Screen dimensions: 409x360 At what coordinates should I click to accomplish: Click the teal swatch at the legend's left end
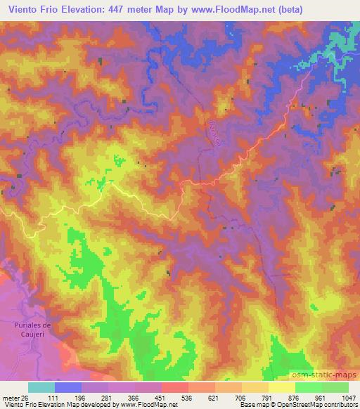coord(41,387)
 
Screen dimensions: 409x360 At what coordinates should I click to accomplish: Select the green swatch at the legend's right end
coord(335,387)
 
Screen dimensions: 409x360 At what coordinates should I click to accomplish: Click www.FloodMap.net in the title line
coord(235,10)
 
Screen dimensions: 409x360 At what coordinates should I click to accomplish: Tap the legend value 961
coord(321,397)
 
